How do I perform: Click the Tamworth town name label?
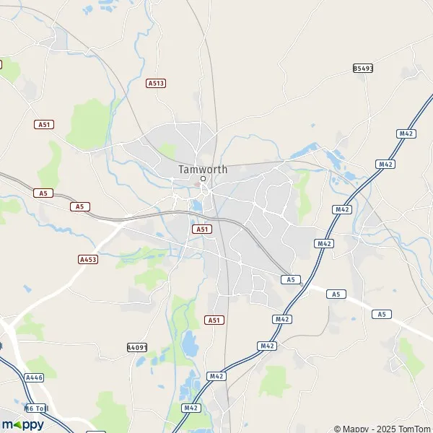click(x=203, y=170)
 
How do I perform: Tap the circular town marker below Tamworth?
click(x=204, y=178)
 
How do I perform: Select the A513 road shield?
click(x=156, y=83)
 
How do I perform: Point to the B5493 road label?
click(x=363, y=68)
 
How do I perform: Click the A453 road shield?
click(x=88, y=258)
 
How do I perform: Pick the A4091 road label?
click(x=137, y=347)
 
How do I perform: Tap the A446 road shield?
click(x=34, y=377)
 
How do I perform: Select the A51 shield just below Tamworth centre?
click(x=201, y=229)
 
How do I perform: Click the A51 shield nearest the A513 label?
click(x=44, y=124)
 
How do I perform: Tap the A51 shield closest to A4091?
click(x=213, y=320)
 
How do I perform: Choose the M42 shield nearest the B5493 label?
click(x=406, y=134)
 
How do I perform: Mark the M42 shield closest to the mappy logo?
click(x=191, y=408)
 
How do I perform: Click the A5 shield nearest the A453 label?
click(x=80, y=206)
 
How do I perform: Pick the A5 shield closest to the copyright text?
click(x=382, y=314)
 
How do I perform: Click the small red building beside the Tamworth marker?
click(x=198, y=184)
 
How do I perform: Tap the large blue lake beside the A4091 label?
click(x=190, y=346)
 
